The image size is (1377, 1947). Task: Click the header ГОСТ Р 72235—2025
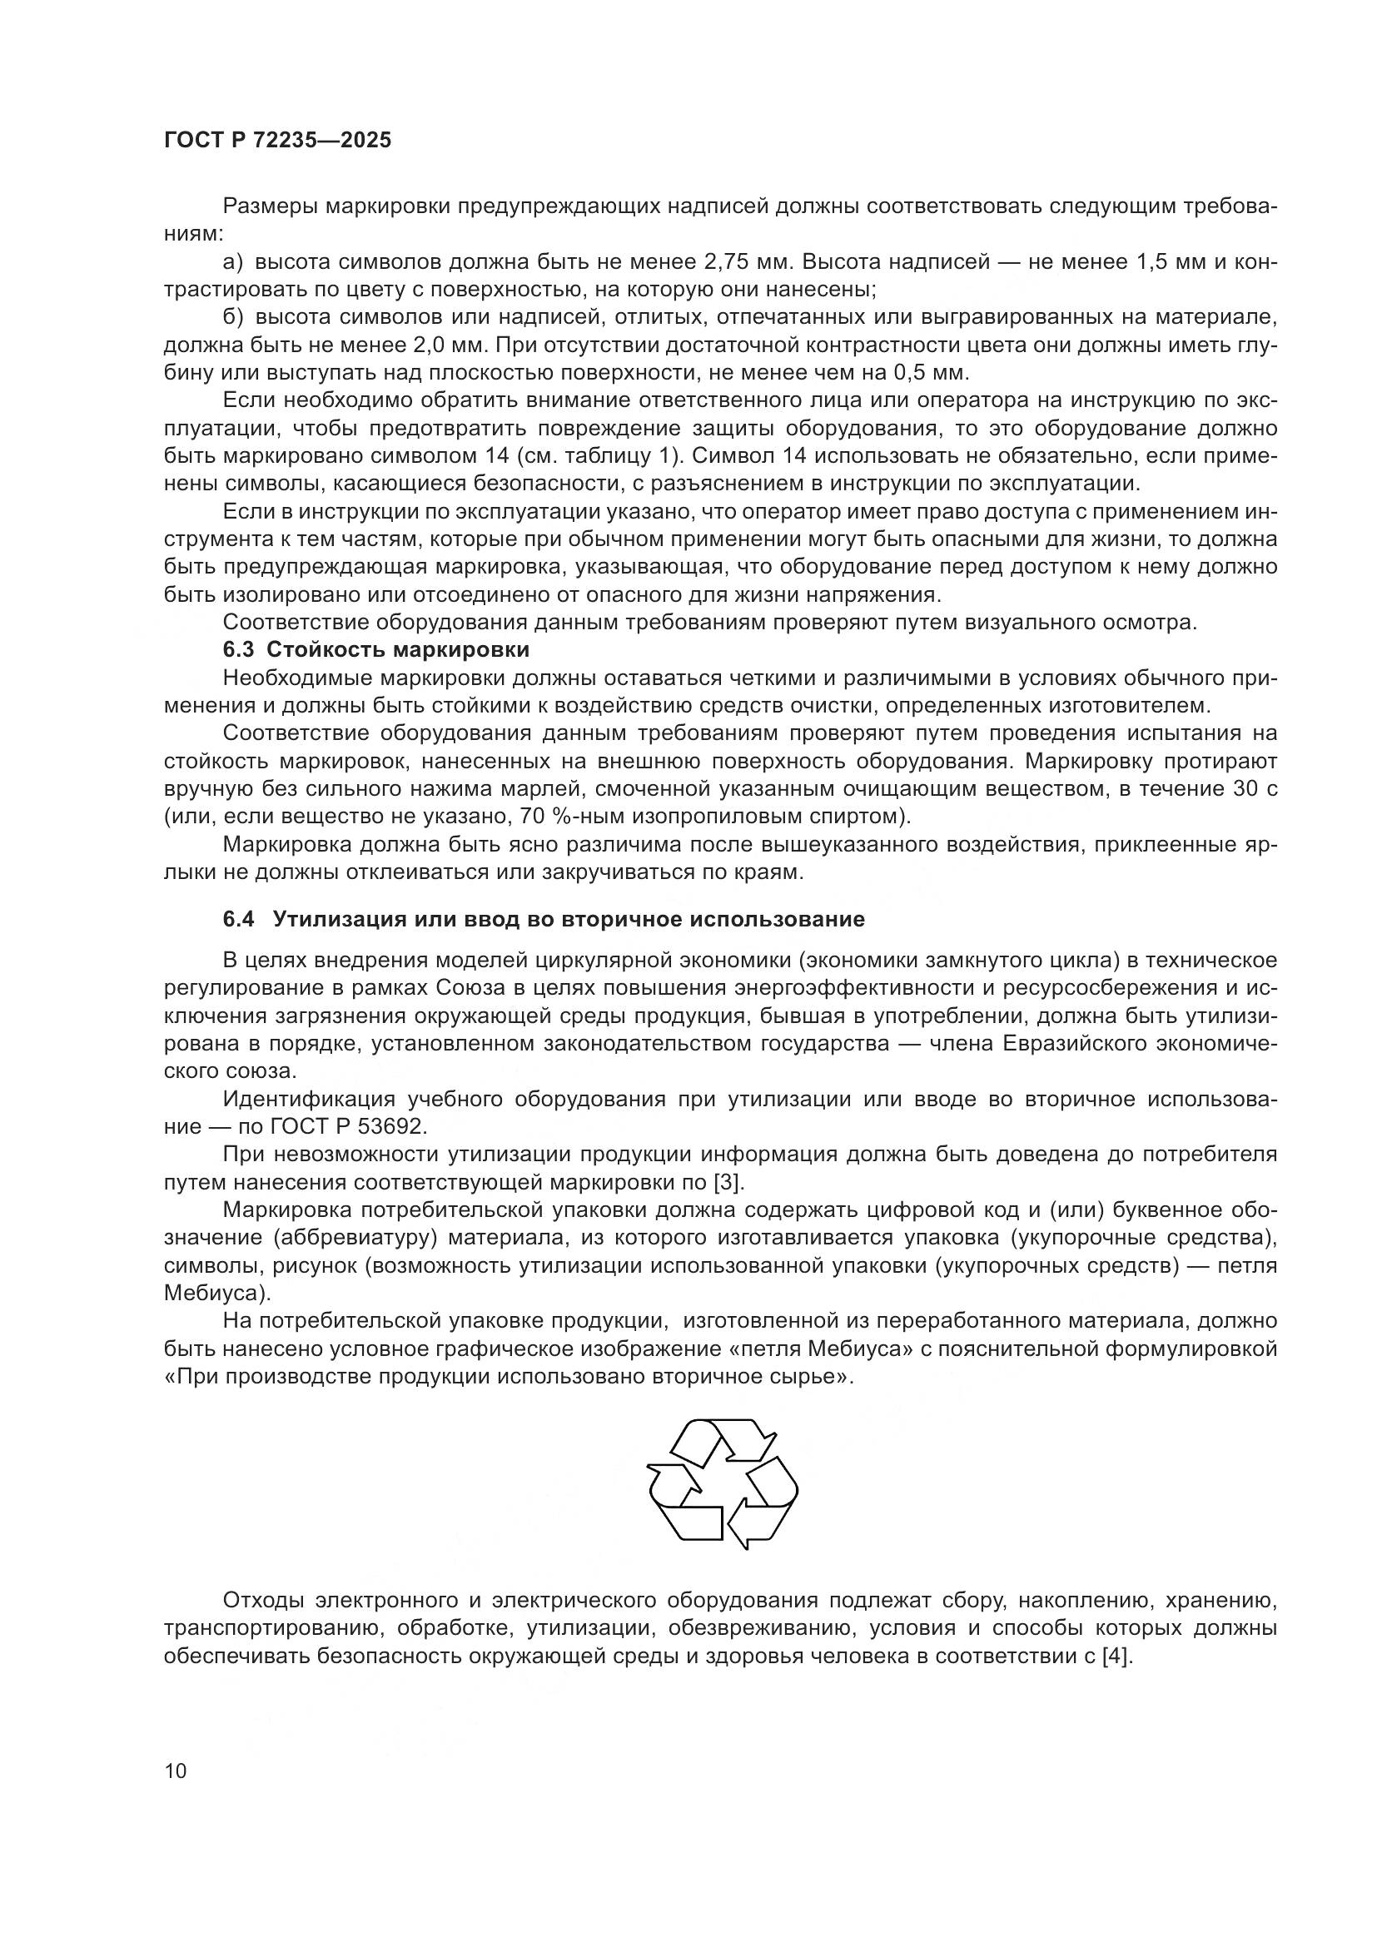(x=278, y=141)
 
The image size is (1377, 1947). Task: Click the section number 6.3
(x=238, y=650)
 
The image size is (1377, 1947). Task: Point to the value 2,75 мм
(x=749, y=262)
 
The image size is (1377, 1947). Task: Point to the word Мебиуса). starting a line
(x=218, y=1294)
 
